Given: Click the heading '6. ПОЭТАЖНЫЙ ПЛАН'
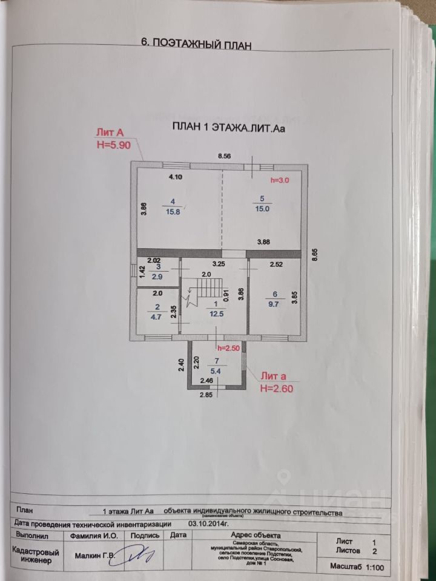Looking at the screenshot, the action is point(195,43).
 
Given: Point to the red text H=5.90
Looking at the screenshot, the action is point(113,146).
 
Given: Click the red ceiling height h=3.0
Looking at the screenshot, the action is point(280,180).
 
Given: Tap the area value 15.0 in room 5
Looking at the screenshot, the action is point(262,208).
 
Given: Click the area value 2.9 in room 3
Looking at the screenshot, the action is point(157,276).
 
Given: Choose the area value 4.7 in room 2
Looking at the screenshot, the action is point(156,315).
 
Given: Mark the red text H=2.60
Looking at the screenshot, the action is point(277,389).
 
